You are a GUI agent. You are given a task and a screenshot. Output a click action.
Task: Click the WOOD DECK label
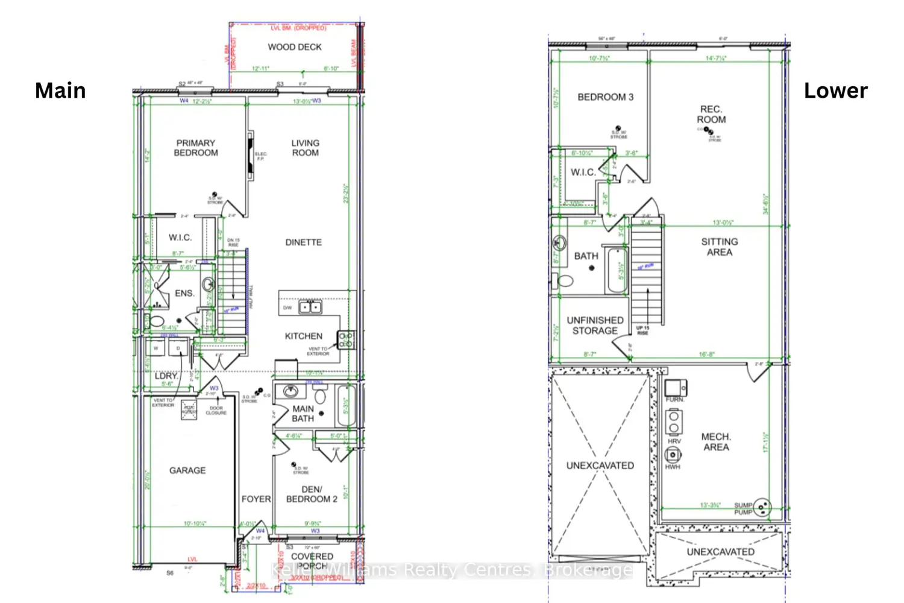(x=295, y=47)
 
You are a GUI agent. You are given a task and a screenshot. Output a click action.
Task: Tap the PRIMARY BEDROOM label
(x=196, y=148)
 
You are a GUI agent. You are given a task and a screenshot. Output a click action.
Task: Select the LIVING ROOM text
(x=306, y=148)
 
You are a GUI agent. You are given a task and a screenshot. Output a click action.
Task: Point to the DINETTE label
(x=303, y=242)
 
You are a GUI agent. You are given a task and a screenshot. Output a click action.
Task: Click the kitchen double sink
(x=310, y=308)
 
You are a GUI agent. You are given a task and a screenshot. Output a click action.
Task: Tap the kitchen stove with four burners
(x=345, y=340)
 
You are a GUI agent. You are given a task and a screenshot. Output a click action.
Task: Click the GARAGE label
(x=187, y=470)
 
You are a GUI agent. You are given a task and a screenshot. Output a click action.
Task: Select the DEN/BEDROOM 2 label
(x=312, y=494)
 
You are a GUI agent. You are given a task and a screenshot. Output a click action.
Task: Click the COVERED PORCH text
(x=312, y=561)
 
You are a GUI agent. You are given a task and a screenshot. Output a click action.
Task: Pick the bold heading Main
(x=60, y=90)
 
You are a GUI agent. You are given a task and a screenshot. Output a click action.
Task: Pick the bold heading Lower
(x=835, y=90)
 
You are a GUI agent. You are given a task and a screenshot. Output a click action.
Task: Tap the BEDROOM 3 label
(x=605, y=97)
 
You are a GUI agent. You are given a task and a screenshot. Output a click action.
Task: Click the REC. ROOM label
(x=711, y=114)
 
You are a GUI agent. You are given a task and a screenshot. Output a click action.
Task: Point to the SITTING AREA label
(x=719, y=247)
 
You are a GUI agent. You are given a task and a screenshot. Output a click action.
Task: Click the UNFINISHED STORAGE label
(x=595, y=326)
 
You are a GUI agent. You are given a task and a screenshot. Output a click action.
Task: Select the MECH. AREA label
(x=716, y=441)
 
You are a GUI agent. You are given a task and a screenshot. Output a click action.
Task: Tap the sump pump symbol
(x=762, y=507)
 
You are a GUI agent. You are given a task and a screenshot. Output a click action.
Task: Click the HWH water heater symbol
(x=673, y=455)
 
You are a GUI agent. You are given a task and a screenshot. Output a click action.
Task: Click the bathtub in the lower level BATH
(x=617, y=270)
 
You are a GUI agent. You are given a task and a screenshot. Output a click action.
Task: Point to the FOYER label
(x=256, y=499)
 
